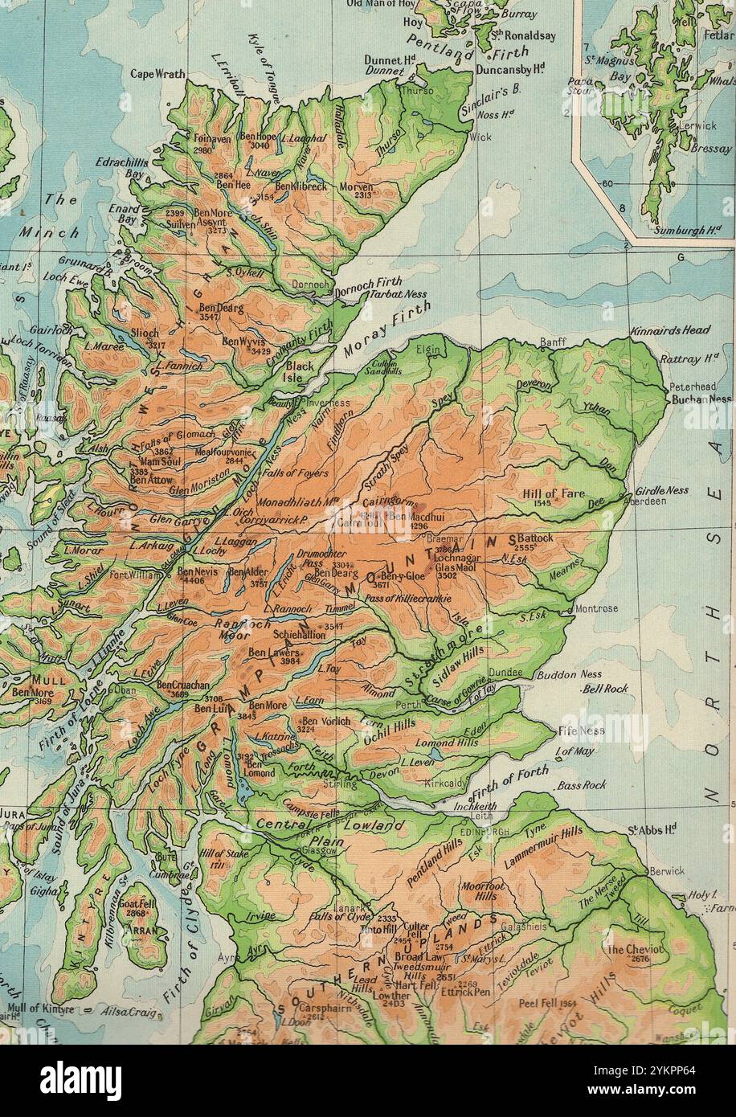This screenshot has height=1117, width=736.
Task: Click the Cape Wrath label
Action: point(157,74)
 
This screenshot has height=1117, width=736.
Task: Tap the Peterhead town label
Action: point(692,387)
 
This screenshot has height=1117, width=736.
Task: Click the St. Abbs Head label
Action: point(652,829)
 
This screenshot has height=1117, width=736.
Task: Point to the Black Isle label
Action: point(301,372)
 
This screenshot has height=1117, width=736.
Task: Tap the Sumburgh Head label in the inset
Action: point(685,230)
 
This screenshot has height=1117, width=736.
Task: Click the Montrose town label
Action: point(597,608)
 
